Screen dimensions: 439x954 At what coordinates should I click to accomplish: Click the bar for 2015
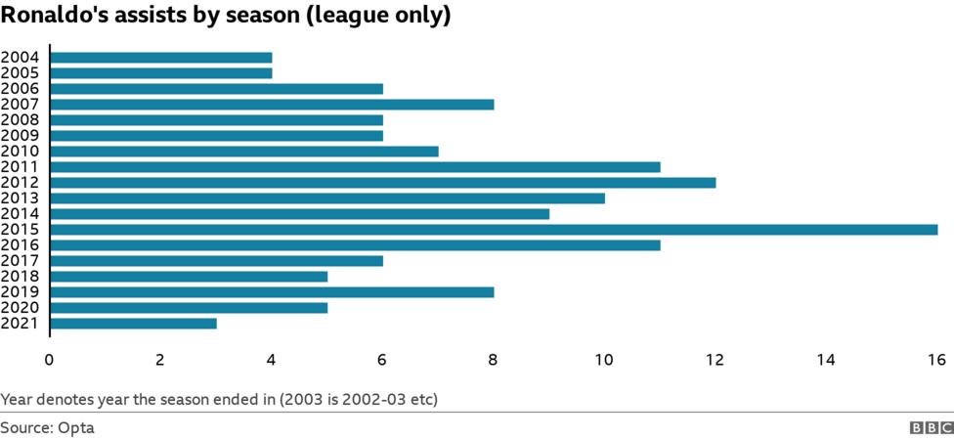point(494,230)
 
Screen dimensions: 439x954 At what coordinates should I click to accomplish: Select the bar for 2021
point(133,324)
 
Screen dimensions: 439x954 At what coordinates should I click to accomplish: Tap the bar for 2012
point(382,183)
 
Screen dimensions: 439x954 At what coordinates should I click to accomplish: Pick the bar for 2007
point(272,105)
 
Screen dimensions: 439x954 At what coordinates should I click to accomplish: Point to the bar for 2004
point(160,58)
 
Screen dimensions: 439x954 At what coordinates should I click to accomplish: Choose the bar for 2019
point(272,292)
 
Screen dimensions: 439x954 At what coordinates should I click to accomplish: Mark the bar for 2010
point(243,152)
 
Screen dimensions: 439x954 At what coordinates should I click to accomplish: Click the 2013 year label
point(20,198)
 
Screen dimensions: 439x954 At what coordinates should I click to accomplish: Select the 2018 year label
point(20,277)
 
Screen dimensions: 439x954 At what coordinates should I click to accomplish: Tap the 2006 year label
point(20,89)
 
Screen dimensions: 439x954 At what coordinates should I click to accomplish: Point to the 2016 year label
point(20,245)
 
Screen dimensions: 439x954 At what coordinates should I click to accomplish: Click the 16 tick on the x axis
point(937,360)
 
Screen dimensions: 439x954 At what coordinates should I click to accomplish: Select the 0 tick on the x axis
point(49,360)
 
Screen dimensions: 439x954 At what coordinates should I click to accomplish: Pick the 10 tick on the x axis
point(604,360)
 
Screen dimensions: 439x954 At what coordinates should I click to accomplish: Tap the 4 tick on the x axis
point(271,360)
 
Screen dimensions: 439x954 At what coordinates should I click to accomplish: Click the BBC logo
point(932,427)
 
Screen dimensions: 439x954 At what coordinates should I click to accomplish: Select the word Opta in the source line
point(77,427)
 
